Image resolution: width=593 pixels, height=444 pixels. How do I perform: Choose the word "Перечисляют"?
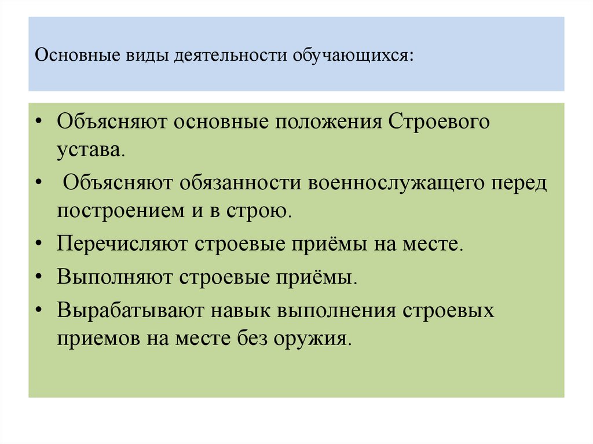(x=122, y=243)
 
